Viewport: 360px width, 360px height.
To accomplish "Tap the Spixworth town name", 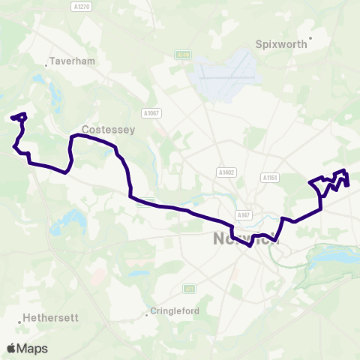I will click(282, 44).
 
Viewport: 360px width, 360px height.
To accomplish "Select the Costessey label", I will click(108, 130).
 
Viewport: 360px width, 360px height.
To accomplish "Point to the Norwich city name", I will click(236, 240).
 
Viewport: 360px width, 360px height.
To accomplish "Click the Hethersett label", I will click(51, 317).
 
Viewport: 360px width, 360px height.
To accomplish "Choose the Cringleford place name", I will click(175, 310).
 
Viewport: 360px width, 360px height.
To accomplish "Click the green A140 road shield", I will click(182, 55).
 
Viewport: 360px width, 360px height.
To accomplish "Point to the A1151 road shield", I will click(271, 178).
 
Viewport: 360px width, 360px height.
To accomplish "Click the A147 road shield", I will click(242, 215).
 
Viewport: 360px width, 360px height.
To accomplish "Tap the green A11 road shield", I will click(189, 288).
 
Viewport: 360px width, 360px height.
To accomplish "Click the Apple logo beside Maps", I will click(11, 348).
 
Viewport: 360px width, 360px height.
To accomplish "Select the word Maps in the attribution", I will click(32, 348).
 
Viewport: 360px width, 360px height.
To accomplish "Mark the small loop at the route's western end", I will click(20, 117).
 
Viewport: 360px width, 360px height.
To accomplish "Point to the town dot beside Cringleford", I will click(147, 314).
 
